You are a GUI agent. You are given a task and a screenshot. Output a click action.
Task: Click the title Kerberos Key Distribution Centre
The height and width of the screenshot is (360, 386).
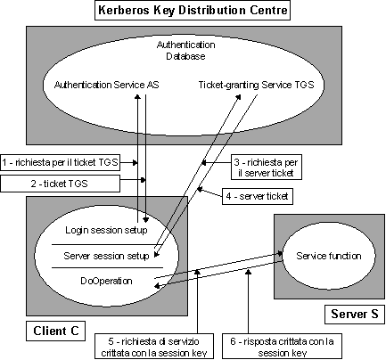point(193,11)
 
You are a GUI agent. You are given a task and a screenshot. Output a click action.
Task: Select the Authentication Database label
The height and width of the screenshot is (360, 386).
point(185,51)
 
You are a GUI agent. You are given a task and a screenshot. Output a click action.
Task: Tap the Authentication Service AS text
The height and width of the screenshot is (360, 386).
point(107,85)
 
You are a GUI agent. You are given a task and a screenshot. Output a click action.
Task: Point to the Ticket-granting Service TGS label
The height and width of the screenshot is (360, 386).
point(256,85)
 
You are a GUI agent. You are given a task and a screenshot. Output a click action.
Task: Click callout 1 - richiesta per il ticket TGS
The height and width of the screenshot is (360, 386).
point(60,162)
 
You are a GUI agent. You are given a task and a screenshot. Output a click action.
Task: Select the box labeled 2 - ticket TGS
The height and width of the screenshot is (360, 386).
point(60,184)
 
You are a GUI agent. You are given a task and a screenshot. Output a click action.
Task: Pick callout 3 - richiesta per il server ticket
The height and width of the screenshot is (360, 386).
point(267,168)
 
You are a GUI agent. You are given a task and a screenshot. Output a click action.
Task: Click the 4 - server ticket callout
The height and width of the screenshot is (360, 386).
point(258,196)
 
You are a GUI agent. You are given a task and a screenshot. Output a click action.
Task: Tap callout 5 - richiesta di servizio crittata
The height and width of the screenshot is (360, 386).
point(154,347)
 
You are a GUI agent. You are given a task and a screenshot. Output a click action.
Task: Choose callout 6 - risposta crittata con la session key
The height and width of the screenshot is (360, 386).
point(282,347)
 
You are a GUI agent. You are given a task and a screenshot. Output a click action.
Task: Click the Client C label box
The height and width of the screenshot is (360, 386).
point(56,331)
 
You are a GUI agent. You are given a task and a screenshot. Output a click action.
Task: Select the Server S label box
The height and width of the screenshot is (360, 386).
point(355,314)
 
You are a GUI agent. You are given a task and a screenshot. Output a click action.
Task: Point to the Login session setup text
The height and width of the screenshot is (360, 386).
point(106,230)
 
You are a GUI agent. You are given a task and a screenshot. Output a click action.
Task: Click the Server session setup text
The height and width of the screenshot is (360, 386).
point(106,256)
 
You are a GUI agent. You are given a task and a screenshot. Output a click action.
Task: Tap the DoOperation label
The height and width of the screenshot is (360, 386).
point(106,281)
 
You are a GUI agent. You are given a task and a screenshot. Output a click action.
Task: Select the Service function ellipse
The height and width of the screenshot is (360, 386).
point(329,256)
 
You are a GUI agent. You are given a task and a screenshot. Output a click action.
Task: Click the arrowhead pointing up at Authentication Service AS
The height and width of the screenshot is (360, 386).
point(137,97)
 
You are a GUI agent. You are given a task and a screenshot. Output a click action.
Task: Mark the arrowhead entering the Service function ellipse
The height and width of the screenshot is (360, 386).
point(280,253)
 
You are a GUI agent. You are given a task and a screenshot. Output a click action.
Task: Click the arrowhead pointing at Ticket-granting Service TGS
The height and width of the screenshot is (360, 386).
point(239,97)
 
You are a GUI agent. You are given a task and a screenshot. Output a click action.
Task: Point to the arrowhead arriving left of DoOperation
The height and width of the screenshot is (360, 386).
point(158,286)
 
